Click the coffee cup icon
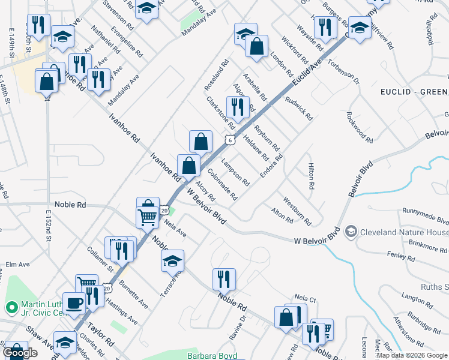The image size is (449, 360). pyautogui.click(x=74, y=304)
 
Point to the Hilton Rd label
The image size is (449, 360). pyautogui.click(x=311, y=176)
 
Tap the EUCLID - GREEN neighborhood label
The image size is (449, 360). pyautogui.click(x=414, y=91)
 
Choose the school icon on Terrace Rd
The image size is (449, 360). pyautogui.click(x=172, y=261)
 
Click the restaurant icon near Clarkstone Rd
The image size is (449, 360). pyautogui.click(x=238, y=107)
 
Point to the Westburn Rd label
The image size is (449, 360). pyautogui.click(x=297, y=211)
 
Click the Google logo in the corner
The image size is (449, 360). pyautogui.click(x=20, y=353)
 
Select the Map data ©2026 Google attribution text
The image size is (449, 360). pyautogui.click(x=412, y=355)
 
